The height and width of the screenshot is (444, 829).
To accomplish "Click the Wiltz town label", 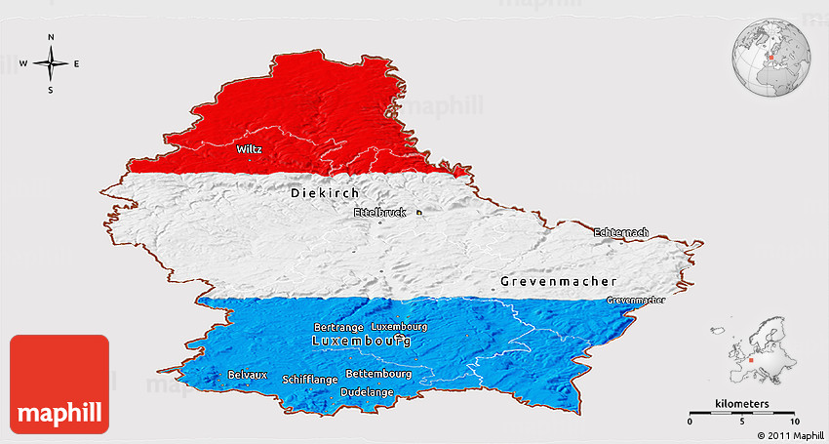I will coord(249,150).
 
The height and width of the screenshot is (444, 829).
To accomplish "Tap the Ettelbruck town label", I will coord(379,212).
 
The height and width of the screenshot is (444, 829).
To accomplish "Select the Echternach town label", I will coord(620,232).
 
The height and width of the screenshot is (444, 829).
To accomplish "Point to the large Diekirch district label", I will coord(326,193).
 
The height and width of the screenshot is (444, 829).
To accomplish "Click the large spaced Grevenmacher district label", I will coord(558,281).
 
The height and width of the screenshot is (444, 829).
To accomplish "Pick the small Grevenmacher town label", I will coord(636,300).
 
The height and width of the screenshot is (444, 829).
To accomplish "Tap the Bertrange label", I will coord(338,327).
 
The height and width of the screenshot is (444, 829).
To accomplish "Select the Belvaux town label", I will coord(247,375).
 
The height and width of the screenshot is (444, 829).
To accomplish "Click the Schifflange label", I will coord(310,379).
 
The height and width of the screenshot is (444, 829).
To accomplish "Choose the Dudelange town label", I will coord(367,392).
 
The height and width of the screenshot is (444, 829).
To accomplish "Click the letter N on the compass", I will coord(51,38).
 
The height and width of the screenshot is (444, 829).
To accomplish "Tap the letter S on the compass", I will coord(51,90).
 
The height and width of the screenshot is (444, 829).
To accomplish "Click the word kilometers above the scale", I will coord(741,403).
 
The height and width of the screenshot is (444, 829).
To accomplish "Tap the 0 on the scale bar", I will coord(691,421).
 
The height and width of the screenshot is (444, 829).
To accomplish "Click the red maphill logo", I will coord(59,383).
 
